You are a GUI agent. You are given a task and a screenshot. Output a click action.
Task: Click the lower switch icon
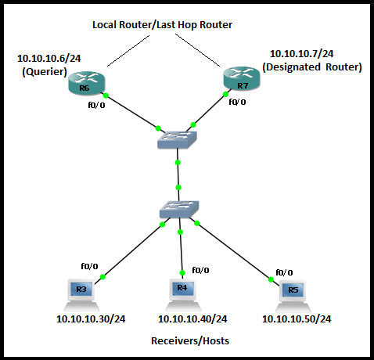179,210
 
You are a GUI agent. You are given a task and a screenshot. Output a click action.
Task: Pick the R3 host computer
81,292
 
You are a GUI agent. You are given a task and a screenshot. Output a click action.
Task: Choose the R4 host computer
182,291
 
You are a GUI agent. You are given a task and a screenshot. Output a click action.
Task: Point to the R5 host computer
293,293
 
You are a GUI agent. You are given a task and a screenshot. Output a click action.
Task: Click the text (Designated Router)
312,67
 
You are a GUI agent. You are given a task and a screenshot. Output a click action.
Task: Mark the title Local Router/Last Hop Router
162,25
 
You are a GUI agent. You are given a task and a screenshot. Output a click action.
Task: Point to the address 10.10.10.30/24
91,319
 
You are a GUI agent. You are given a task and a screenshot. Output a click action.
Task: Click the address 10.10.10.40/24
192,319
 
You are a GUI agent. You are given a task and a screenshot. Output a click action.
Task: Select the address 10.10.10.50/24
296,319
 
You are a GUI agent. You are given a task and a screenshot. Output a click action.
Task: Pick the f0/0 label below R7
236,101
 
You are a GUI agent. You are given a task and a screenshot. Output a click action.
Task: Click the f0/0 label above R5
285,272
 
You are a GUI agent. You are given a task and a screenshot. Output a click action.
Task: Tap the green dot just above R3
102,276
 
